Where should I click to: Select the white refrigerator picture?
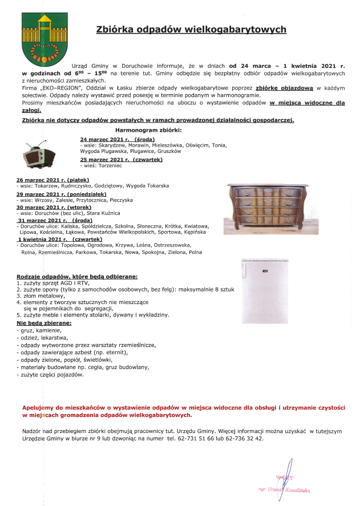click(x=265, y=290)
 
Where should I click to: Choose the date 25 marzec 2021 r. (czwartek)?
click(x=121, y=160)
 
